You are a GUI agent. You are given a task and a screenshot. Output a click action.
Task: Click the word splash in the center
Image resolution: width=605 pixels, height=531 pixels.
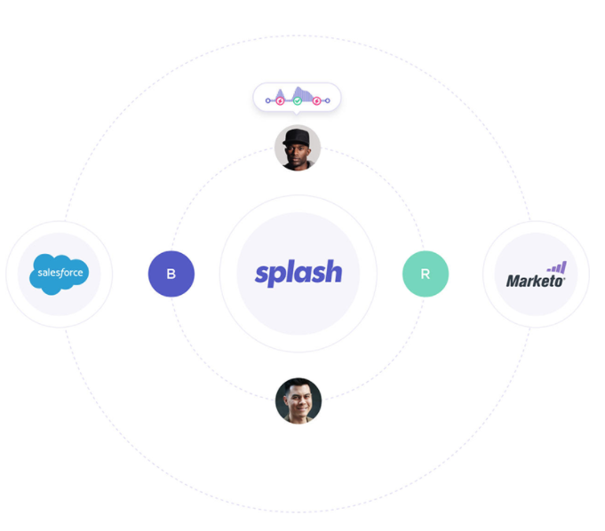point(299,273)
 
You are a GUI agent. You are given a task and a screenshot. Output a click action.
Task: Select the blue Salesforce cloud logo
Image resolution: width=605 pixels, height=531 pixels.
point(60,273)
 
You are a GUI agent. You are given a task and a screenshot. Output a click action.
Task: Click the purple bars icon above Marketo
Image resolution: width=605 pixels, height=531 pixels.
point(556,266)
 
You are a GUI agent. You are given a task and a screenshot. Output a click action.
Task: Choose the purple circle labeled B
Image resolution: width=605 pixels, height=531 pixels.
point(171,273)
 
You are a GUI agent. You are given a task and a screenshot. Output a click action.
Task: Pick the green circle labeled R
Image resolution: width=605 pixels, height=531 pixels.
point(426,273)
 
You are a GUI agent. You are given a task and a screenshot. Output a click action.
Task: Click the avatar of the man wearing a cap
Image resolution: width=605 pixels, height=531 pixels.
point(298,147)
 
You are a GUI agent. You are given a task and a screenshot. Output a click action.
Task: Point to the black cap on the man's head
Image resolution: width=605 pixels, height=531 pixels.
point(298,136)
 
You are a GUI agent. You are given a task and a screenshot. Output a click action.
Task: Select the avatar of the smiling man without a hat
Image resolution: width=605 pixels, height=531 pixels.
point(299,401)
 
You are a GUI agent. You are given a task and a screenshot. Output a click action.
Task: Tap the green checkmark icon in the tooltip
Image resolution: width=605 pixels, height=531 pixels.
point(298,100)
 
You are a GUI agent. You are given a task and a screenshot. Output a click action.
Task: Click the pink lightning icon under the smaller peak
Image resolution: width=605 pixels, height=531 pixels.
point(281,100)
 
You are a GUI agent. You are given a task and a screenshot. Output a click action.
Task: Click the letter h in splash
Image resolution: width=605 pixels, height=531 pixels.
point(332,272)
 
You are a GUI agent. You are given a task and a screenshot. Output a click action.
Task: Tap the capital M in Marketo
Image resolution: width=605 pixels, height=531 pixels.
point(513,281)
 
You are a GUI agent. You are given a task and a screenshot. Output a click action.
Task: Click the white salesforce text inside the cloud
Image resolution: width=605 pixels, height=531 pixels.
point(60,272)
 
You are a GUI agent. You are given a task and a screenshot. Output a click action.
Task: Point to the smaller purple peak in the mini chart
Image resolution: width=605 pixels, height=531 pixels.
point(281,92)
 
